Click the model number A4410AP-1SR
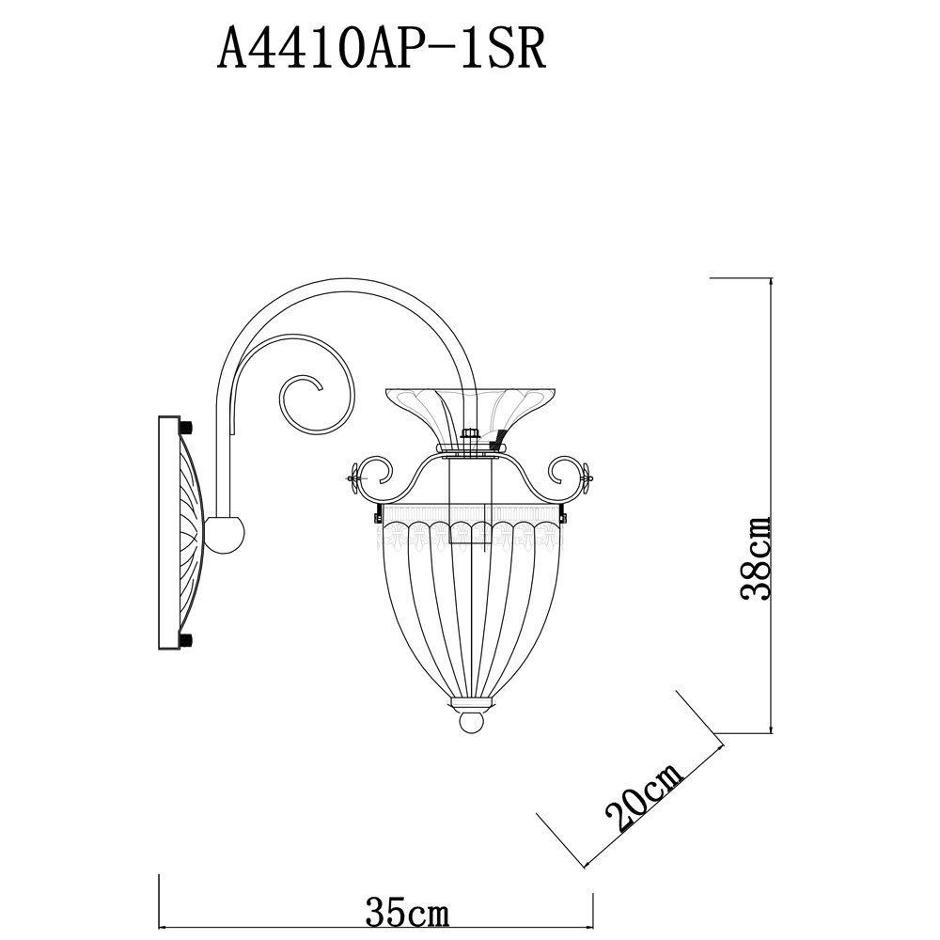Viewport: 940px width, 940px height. coord(382,50)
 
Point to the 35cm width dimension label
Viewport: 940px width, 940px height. coord(407,914)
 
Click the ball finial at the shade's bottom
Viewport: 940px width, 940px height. coord(471,721)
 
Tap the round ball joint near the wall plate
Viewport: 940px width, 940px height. coord(225,534)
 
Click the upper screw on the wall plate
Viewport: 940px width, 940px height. coord(185,429)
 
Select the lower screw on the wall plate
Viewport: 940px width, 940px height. coord(185,638)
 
